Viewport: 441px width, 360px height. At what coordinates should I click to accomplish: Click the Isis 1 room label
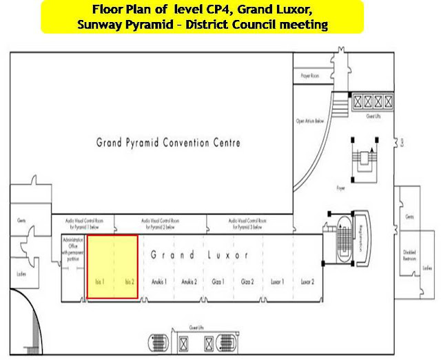point(100,281)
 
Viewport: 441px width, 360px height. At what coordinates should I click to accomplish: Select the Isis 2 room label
point(127,281)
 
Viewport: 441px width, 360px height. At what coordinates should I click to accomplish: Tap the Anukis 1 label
point(159,281)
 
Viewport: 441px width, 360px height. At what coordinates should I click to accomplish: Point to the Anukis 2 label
point(189,281)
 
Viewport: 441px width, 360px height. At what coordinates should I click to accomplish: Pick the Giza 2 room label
point(248,281)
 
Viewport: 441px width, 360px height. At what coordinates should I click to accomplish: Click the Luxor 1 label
point(277,281)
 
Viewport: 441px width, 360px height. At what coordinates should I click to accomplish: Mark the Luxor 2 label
point(307,281)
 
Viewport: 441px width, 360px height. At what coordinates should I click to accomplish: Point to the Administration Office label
point(72,246)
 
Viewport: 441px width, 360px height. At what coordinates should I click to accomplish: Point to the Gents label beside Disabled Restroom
point(409,217)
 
